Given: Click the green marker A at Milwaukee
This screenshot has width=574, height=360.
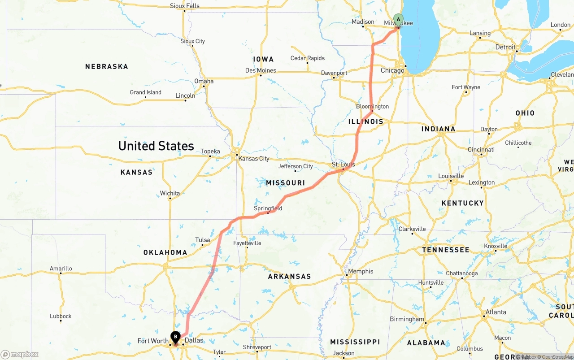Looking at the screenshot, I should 398,19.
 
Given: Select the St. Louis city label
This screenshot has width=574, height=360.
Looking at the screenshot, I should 343,165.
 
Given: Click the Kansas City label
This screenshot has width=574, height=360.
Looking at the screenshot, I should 254,158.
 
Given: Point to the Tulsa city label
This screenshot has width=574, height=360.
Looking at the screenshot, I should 203,240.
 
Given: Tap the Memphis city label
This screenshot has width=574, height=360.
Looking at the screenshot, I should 361,271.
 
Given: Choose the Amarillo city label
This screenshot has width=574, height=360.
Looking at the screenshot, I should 61,269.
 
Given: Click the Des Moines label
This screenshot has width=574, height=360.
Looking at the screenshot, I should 261,70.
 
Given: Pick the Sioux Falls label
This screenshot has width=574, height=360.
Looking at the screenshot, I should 185,6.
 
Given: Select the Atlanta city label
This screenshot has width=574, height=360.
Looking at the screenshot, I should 496,312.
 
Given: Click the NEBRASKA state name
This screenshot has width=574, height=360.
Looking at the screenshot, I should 107,66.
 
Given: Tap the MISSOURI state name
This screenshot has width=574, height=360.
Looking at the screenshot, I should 285,183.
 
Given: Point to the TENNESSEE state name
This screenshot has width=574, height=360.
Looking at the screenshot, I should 445,250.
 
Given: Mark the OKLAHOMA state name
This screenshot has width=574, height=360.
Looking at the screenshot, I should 165,252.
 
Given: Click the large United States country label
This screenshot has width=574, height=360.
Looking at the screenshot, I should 156,146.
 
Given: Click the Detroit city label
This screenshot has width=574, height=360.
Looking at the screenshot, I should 505,47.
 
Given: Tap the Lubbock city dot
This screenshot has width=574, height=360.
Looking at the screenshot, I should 61,321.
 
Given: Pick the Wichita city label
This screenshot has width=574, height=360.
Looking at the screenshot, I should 170,193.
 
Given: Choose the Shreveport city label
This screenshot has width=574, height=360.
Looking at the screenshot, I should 257,347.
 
